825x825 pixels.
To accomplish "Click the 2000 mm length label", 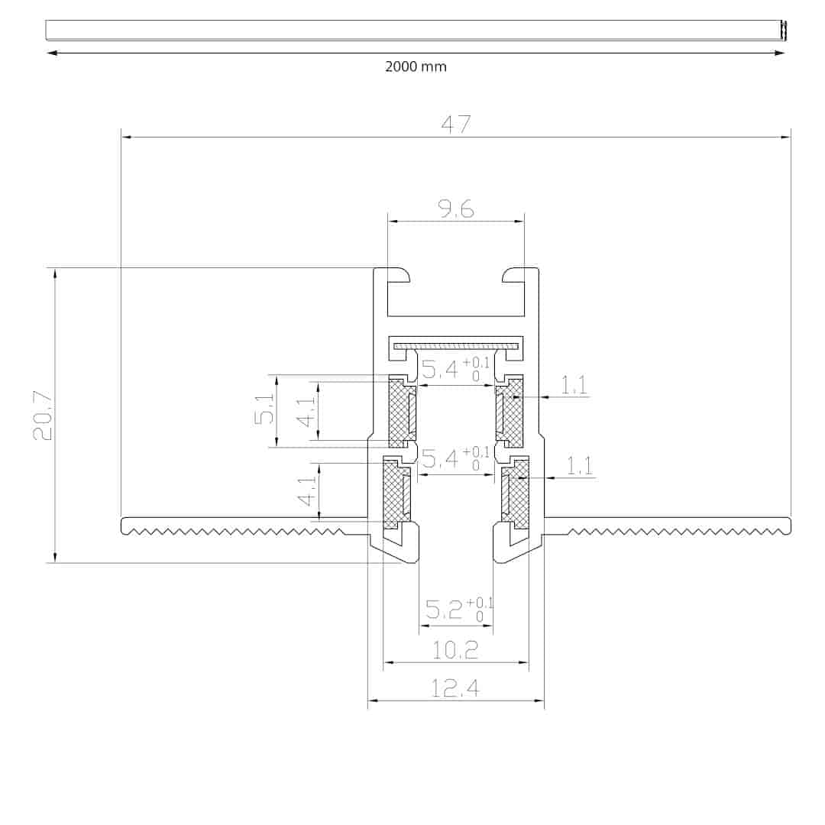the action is click(x=416, y=66).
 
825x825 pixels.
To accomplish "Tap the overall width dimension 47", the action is click(x=455, y=125).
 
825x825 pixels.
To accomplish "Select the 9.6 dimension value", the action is click(x=456, y=209).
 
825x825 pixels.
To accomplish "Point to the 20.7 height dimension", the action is click(x=43, y=416).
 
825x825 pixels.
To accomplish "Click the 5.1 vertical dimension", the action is click(x=264, y=409).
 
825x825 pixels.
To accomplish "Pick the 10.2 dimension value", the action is click(x=455, y=651).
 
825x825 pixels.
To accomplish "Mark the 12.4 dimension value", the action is click(x=455, y=688).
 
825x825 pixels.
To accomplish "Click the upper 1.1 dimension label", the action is click(x=574, y=385).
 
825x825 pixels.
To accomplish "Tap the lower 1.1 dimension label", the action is click(x=579, y=466).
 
